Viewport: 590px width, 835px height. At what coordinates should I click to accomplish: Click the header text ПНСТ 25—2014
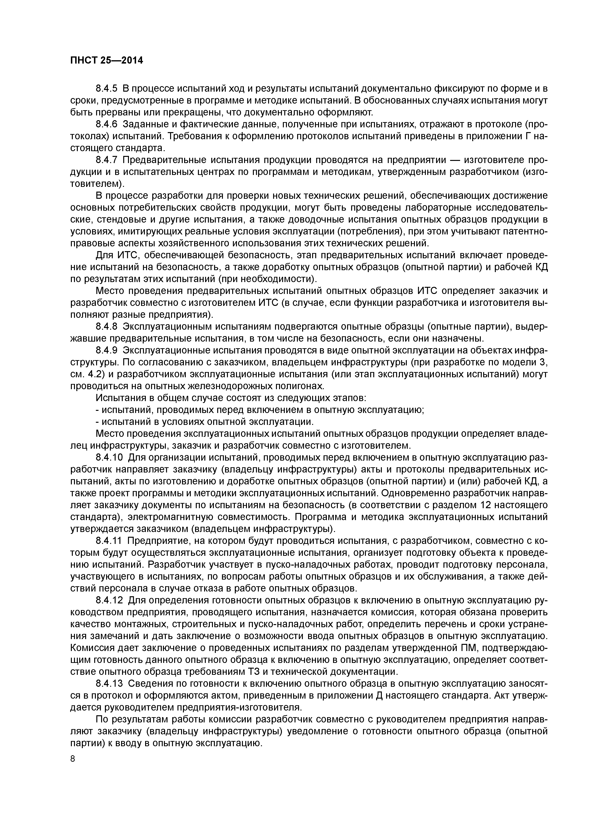tap(107, 60)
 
